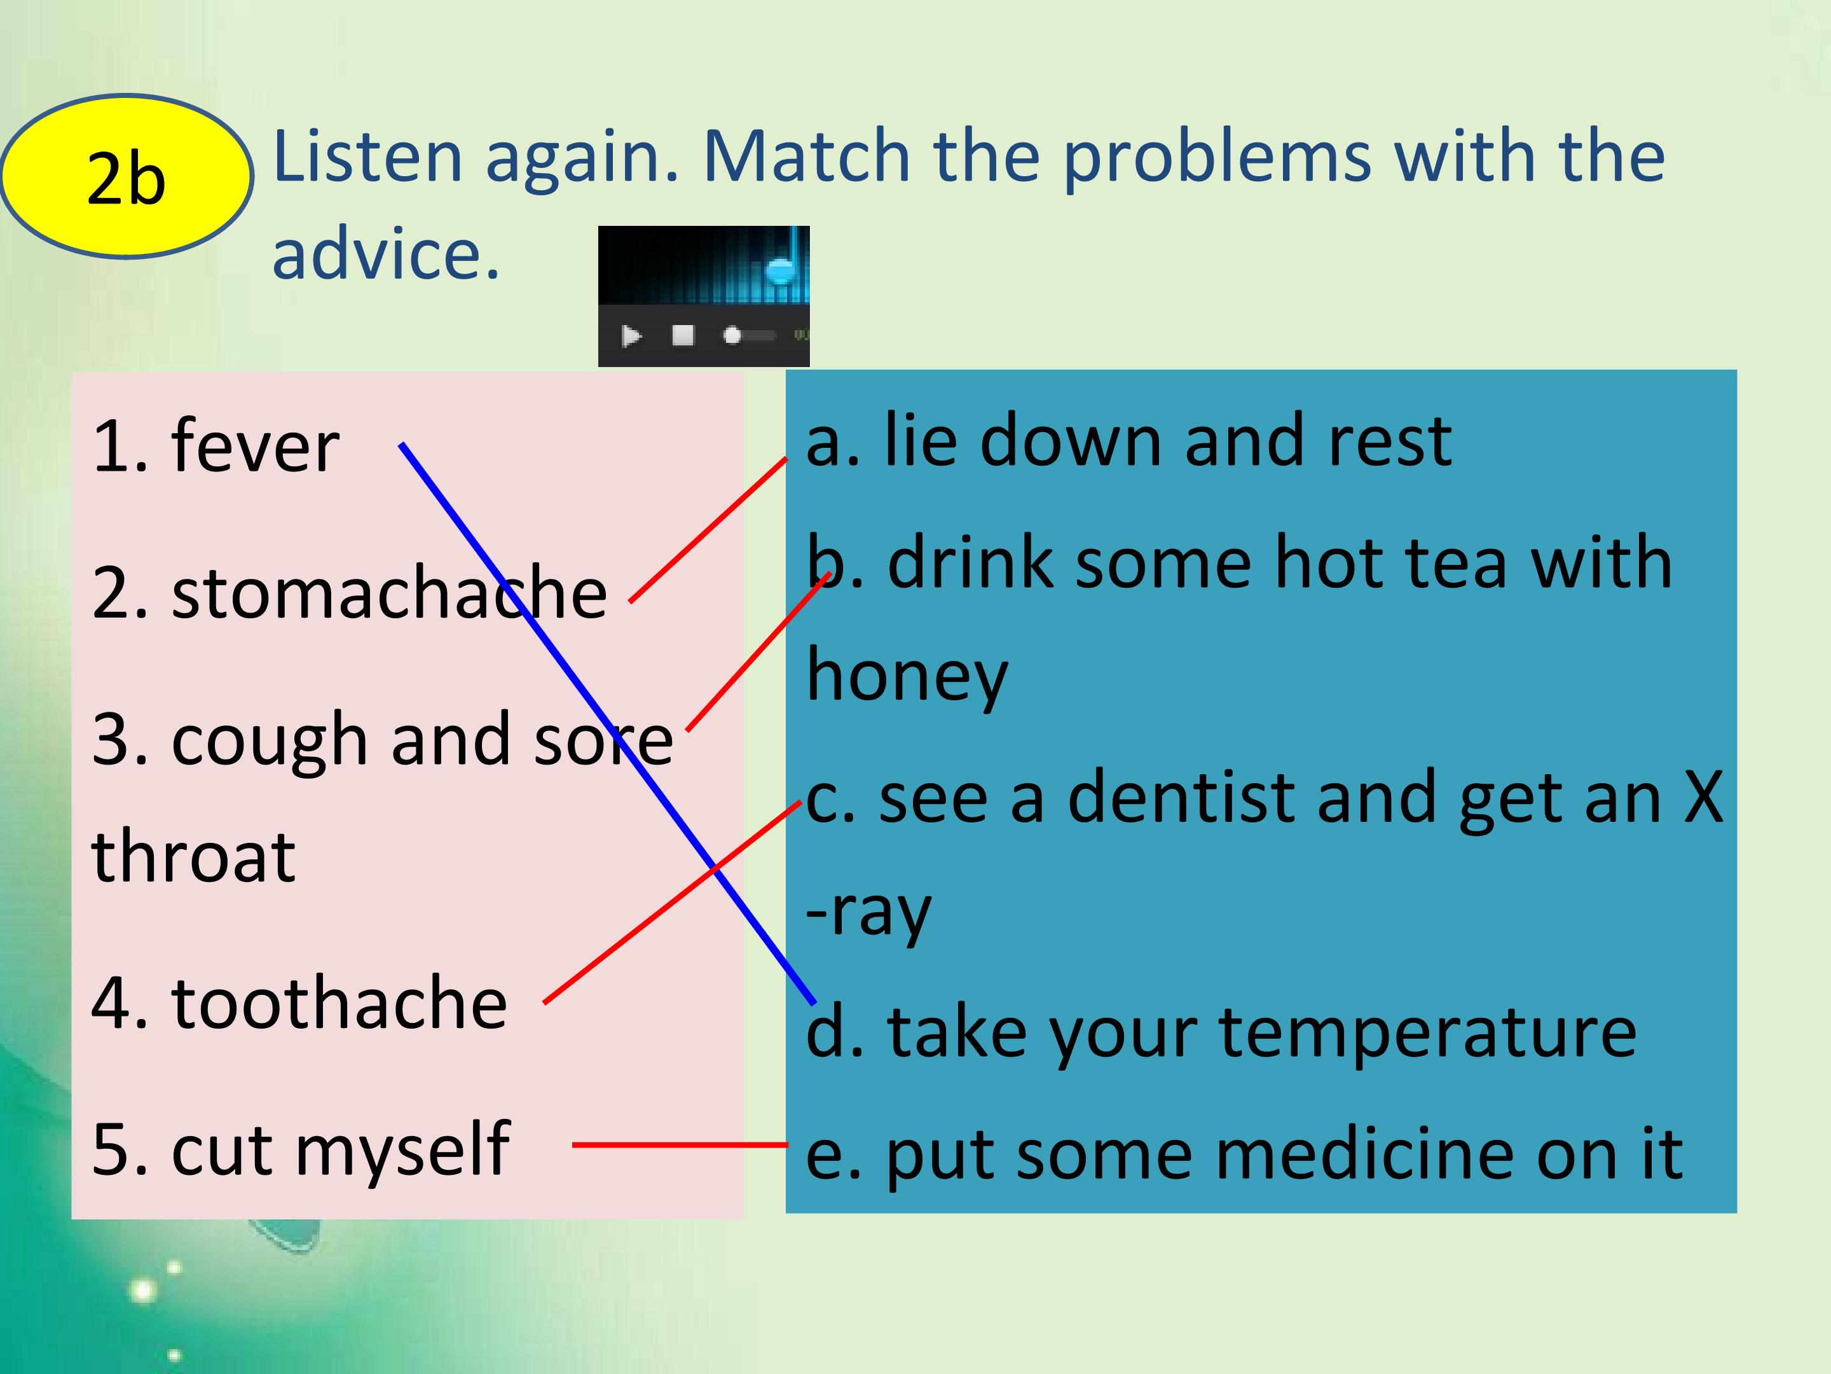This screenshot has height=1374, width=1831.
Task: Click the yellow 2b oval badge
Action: pos(126,176)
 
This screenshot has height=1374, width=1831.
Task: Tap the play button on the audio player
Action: pos(631,335)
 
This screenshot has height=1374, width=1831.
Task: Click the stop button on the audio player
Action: pos(683,335)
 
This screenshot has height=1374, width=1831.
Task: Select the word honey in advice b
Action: pos(907,677)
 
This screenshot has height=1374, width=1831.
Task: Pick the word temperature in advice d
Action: pos(1428,1034)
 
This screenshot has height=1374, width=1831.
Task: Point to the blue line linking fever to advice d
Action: pos(608,724)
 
